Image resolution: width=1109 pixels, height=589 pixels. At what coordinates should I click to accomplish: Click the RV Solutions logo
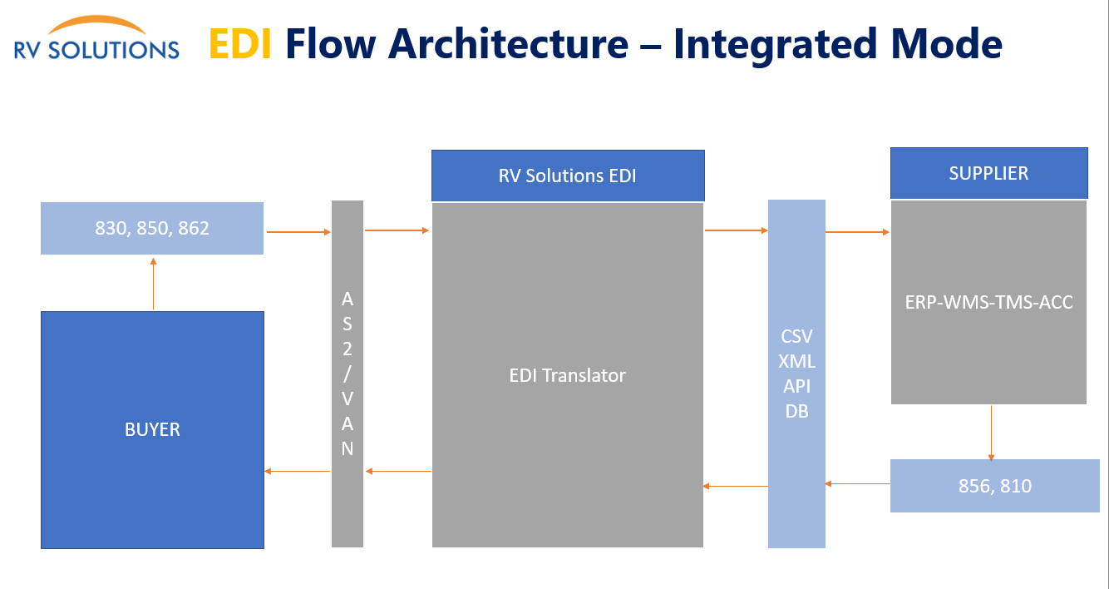tap(96, 37)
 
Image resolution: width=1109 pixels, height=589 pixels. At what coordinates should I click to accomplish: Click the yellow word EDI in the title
tap(240, 44)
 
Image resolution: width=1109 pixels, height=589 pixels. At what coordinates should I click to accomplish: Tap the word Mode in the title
tap(946, 44)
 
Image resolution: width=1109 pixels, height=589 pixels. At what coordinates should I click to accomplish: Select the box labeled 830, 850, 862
tap(152, 229)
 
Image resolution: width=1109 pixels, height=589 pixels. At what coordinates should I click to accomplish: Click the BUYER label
tap(152, 429)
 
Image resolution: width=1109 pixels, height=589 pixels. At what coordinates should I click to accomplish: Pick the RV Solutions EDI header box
tap(568, 176)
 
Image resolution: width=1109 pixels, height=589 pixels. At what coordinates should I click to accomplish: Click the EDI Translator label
tap(567, 375)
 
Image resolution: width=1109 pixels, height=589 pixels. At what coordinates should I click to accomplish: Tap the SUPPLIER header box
tap(989, 173)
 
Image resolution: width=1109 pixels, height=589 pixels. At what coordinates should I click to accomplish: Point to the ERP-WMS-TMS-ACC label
tap(988, 302)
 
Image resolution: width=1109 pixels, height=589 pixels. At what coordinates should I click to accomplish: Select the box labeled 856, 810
tap(994, 486)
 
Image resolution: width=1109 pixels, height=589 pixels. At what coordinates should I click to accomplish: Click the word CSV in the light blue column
tap(796, 336)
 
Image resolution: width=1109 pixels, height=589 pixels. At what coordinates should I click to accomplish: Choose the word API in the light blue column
tap(796, 386)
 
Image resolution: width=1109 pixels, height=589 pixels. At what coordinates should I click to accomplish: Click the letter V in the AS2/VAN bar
tap(347, 398)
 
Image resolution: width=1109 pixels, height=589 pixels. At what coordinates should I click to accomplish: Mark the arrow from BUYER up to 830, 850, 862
tap(154, 284)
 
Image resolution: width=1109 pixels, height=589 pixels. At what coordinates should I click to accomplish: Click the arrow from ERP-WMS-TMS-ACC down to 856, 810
tap(991, 433)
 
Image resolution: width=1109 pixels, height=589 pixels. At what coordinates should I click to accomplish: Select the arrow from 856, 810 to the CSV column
tap(857, 483)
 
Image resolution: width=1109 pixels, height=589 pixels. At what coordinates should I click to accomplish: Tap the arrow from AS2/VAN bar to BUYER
tap(297, 471)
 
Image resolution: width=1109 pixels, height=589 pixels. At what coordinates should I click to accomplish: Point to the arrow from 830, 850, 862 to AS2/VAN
tap(298, 232)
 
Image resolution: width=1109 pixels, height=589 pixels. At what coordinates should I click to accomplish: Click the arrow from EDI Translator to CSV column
tap(737, 230)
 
